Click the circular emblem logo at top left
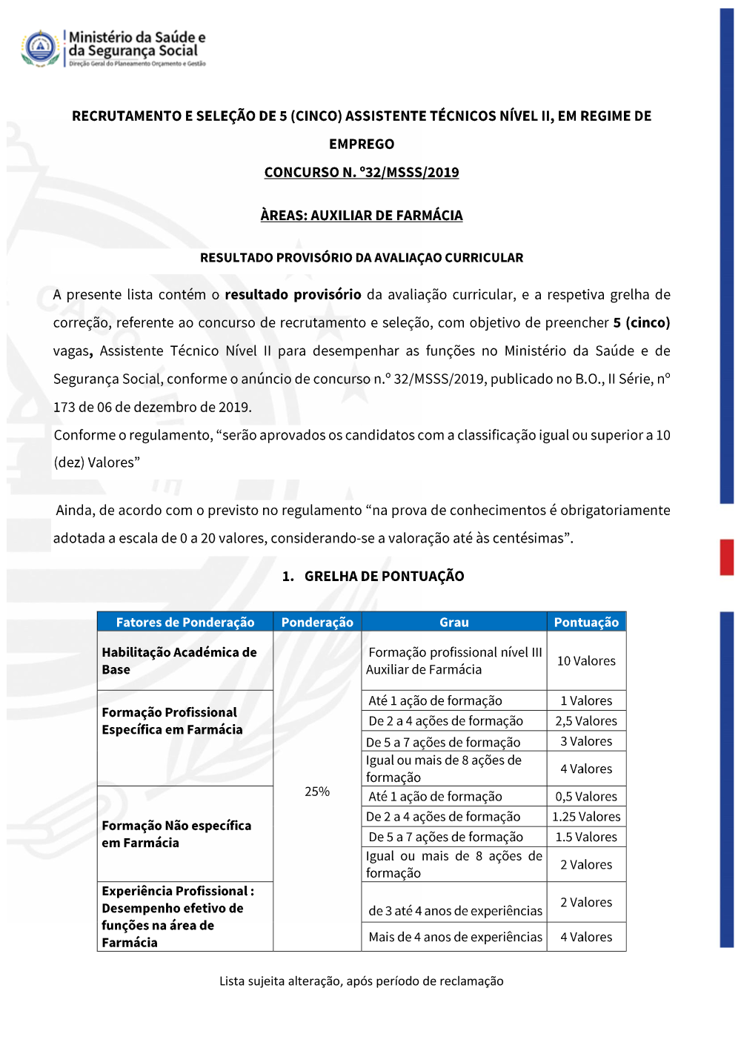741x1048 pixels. [41, 48]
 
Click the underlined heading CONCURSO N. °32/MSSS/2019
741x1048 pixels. [362, 173]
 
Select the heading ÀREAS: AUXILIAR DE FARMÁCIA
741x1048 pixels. [362, 216]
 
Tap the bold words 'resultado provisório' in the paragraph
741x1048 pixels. [293, 295]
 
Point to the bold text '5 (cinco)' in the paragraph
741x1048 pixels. [641, 323]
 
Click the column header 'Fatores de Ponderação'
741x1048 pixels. [185, 623]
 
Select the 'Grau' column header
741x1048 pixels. [454, 623]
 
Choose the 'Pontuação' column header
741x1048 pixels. [586, 623]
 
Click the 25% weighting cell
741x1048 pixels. [317, 792]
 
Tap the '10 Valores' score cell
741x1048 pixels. [586, 661]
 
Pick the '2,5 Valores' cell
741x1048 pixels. [586, 721]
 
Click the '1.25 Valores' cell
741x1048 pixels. [586, 817]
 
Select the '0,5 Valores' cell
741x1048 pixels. [586, 797]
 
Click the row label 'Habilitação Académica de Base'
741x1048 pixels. [179, 661]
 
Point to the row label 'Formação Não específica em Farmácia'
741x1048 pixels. [176, 834]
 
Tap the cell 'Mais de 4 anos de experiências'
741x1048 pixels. [455, 937]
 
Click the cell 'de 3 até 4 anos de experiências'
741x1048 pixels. [455, 911]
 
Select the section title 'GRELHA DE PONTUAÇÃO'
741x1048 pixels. [384, 577]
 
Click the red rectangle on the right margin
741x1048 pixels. [727, 557]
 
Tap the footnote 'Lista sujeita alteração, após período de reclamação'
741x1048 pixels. [362, 981]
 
